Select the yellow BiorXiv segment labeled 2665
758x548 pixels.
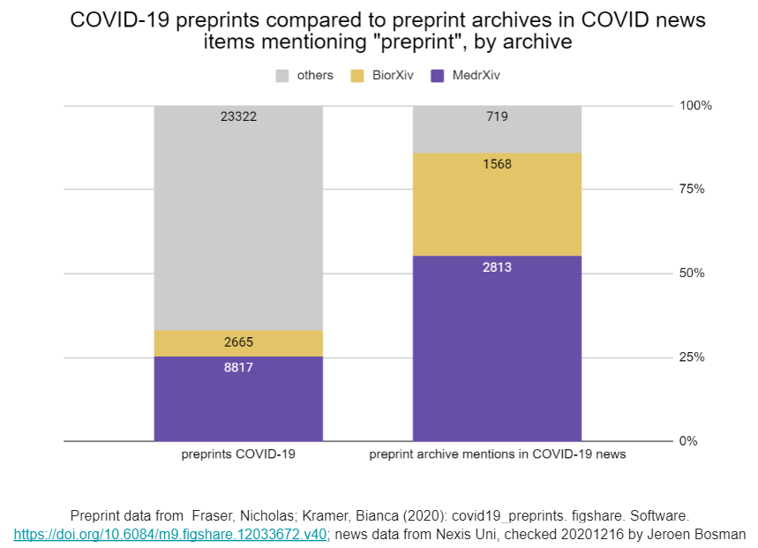[x=238, y=343]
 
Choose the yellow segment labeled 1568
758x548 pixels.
[x=497, y=205]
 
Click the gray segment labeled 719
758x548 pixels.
[x=497, y=129]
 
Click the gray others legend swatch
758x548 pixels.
[x=282, y=76]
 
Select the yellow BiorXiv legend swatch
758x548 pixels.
[x=357, y=76]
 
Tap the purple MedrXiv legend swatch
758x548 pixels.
[x=437, y=76]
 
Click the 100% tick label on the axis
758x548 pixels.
[x=694, y=106]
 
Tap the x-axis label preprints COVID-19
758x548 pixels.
[x=238, y=454]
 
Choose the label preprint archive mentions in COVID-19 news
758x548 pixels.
[x=497, y=454]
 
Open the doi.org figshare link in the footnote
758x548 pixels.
[x=170, y=534]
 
